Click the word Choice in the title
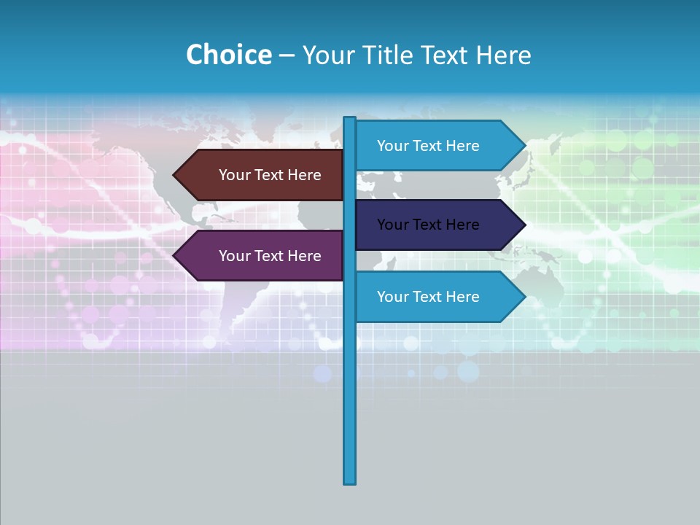(x=228, y=55)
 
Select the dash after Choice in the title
(x=287, y=55)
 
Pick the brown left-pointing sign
(x=262, y=175)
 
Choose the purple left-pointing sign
(x=262, y=256)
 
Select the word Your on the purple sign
(x=235, y=256)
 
